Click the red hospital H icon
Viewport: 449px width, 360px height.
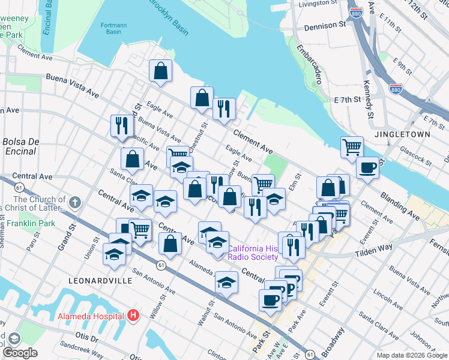tap(133, 315)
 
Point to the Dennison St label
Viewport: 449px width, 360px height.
tap(326, 26)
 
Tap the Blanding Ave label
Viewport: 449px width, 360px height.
tap(399, 205)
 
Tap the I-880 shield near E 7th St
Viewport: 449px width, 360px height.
tap(396, 89)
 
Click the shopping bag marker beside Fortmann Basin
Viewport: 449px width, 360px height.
tap(161, 71)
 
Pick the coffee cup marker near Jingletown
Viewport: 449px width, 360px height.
tap(367, 167)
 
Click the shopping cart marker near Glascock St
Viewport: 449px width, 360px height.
tap(351, 146)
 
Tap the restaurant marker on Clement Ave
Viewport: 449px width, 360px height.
tap(224, 109)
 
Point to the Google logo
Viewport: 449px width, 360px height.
tap(20, 352)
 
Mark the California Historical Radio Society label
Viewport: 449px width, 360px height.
tap(252, 253)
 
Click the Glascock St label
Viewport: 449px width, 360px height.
tap(415, 157)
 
